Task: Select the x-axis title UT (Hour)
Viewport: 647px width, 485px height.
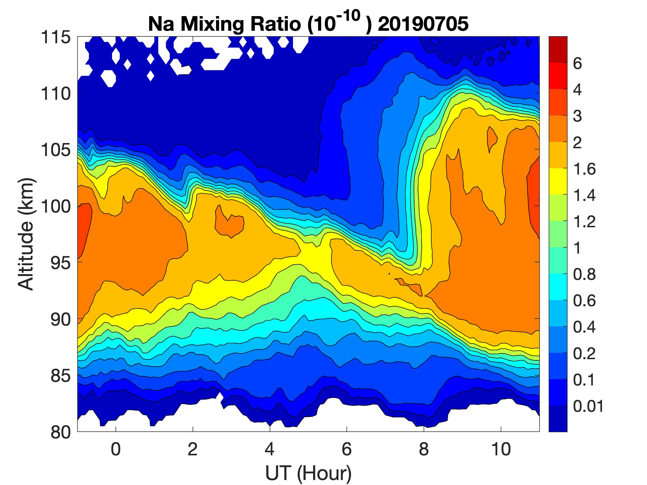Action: pyautogui.click(x=308, y=473)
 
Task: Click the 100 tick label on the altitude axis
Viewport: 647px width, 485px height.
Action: pyautogui.click(x=55, y=207)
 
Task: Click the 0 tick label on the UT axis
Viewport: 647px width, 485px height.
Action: pyautogui.click(x=116, y=449)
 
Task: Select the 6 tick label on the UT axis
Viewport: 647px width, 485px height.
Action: pyautogui.click(x=347, y=449)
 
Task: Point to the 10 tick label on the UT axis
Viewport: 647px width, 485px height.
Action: pyautogui.click(x=501, y=449)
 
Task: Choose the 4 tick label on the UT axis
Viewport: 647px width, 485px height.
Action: pyautogui.click(x=270, y=449)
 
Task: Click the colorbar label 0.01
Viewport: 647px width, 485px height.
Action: pyautogui.click(x=588, y=406)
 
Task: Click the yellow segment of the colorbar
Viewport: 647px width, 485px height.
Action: pyautogui.click(x=558, y=182)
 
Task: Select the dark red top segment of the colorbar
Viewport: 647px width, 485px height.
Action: pyautogui.click(x=558, y=50)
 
